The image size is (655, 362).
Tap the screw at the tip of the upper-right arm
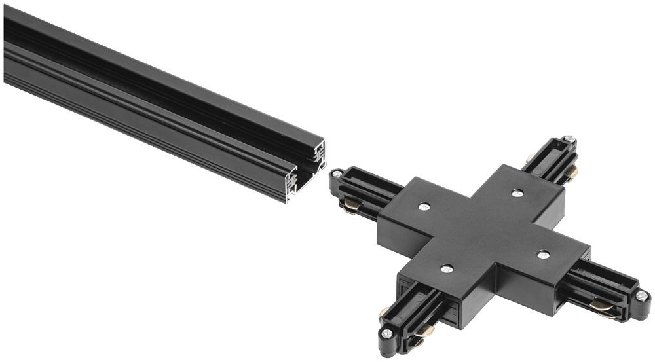[x=570, y=139]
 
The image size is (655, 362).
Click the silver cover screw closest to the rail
[x=424, y=207]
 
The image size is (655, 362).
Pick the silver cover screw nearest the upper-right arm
[x=517, y=192]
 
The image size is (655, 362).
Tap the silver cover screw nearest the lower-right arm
[x=543, y=253]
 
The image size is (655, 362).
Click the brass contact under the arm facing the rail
[x=352, y=206]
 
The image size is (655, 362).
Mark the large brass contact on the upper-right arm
[x=571, y=173]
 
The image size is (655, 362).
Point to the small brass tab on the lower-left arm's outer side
[x=384, y=313]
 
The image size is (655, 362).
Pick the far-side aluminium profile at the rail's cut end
[x=320, y=153]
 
